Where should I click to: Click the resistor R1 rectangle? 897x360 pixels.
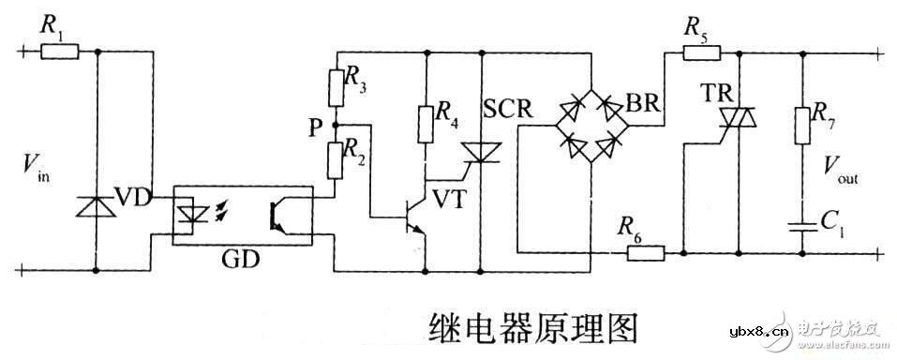tap(60, 52)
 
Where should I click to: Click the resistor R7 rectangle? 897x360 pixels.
tap(803, 125)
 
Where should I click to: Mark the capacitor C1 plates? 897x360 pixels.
tap(803, 224)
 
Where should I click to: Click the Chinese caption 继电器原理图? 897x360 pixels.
tap(533, 326)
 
